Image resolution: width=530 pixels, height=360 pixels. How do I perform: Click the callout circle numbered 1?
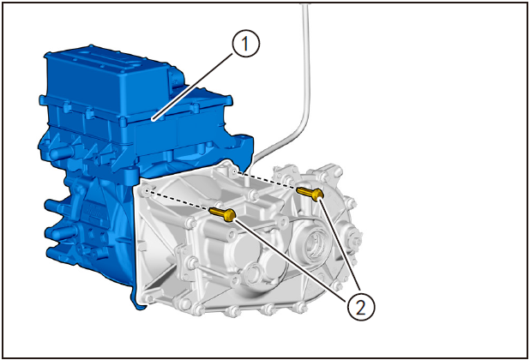(246, 44)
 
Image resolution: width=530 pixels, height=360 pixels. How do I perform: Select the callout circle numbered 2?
(361, 308)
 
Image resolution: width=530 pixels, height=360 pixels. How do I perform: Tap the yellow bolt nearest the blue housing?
(222, 214)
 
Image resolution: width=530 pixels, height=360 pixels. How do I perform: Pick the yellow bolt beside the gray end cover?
(310, 194)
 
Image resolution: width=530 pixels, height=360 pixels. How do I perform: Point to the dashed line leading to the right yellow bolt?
(266, 181)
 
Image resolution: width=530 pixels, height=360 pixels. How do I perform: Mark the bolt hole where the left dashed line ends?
(147, 190)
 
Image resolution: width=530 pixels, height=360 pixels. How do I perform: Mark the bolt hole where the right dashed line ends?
(235, 172)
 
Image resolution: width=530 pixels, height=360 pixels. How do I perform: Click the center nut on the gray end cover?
(356, 242)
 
